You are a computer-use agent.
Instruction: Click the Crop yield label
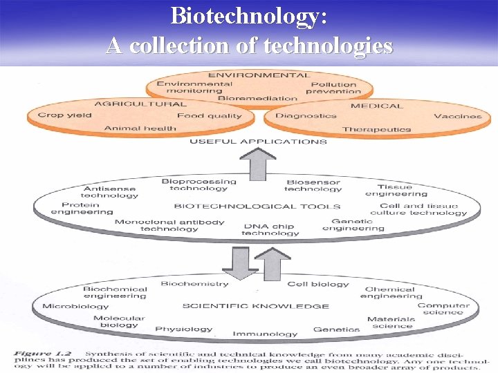tap(64, 115)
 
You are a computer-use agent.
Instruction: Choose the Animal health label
tap(140, 128)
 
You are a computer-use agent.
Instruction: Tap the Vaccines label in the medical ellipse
tap(457, 116)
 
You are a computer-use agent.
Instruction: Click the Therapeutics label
tap(376, 129)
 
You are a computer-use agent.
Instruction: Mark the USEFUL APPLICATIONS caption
tap(258, 142)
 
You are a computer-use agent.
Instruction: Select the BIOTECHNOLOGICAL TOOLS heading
tap(257, 206)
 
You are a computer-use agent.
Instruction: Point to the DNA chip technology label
tap(270, 229)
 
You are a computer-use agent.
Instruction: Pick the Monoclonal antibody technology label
tap(169, 225)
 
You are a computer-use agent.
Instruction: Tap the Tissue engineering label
tap(394, 190)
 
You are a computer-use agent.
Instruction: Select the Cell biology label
tap(318, 284)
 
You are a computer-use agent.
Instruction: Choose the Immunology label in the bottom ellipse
tap(265, 334)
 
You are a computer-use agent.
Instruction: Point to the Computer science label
tap(443, 309)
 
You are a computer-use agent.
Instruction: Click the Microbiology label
tap(75, 306)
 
